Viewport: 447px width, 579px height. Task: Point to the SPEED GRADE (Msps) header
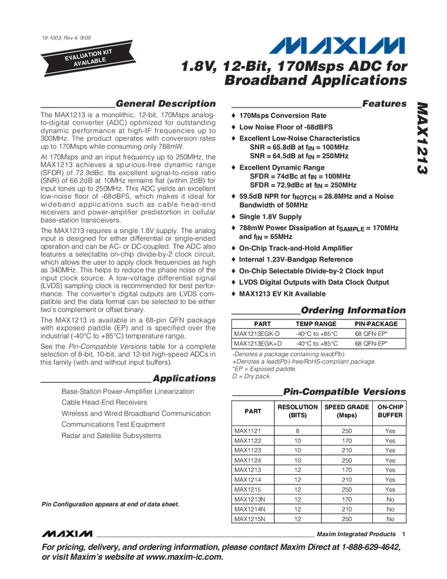pos(346,411)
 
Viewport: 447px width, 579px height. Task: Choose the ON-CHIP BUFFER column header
pos(390,411)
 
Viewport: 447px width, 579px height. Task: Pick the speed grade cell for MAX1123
pos(346,450)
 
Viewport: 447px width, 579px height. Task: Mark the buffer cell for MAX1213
pos(390,470)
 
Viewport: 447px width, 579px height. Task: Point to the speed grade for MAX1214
pos(346,480)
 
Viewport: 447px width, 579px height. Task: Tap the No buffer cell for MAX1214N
pos(390,509)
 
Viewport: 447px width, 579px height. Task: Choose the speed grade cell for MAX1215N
pos(346,519)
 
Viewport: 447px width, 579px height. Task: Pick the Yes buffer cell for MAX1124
pos(390,460)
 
